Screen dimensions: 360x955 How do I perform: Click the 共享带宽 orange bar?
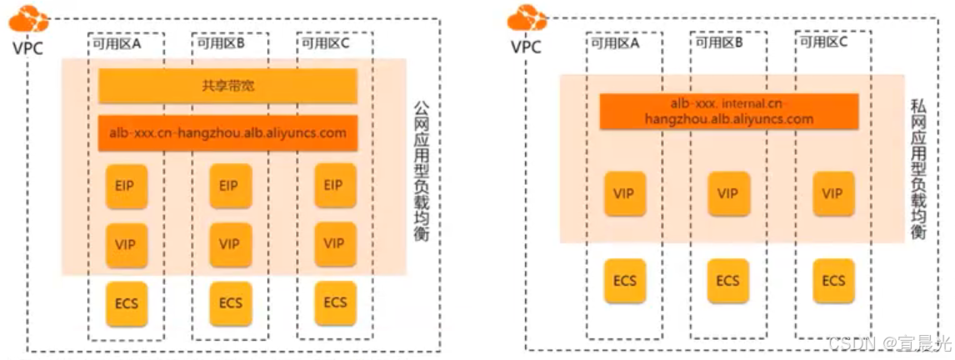(227, 85)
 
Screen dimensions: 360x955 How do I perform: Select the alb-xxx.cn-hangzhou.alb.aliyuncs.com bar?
(227, 133)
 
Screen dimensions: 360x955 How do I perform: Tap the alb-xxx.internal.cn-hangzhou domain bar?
(729, 111)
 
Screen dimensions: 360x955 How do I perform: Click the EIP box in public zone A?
(125, 185)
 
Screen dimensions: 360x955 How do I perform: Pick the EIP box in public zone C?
(334, 185)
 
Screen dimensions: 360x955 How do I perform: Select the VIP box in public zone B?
(229, 244)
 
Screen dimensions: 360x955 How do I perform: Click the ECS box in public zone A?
(125, 302)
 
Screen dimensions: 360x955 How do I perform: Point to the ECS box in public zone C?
(334, 302)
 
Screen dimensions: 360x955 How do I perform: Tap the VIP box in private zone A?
(624, 193)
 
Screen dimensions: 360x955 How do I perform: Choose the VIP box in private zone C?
(832, 193)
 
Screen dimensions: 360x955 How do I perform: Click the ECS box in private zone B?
(728, 281)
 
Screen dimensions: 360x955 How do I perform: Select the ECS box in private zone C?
(832, 281)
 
